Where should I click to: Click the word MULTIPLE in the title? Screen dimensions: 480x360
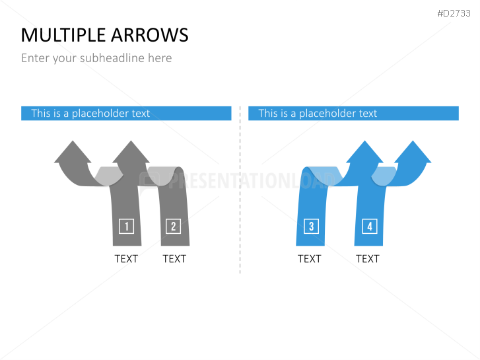coord(63,35)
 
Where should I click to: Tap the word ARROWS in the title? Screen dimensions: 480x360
coord(150,35)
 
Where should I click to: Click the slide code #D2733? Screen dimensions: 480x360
coord(454,13)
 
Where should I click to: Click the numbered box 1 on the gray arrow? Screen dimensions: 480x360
coord(126,227)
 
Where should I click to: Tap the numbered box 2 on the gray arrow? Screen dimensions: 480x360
coord(173,227)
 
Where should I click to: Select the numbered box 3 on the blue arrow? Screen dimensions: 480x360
coord(312,227)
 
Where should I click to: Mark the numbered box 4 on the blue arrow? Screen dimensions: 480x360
coord(370,227)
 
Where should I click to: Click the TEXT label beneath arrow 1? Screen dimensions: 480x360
coord(126,259)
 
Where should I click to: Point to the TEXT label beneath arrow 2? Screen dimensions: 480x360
coord(174,259)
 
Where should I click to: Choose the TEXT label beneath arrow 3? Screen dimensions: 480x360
coord(310,259)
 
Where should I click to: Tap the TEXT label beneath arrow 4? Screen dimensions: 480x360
coord(368,259)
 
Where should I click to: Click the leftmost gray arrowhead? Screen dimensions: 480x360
coord(73,153)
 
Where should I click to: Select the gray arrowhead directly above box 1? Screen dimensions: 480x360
coord(131,153)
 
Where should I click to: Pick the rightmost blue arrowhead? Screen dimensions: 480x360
coord(413,153)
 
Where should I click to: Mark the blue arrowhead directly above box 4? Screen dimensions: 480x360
coord(364,153)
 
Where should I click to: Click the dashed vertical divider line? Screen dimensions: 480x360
coord(240,190)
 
